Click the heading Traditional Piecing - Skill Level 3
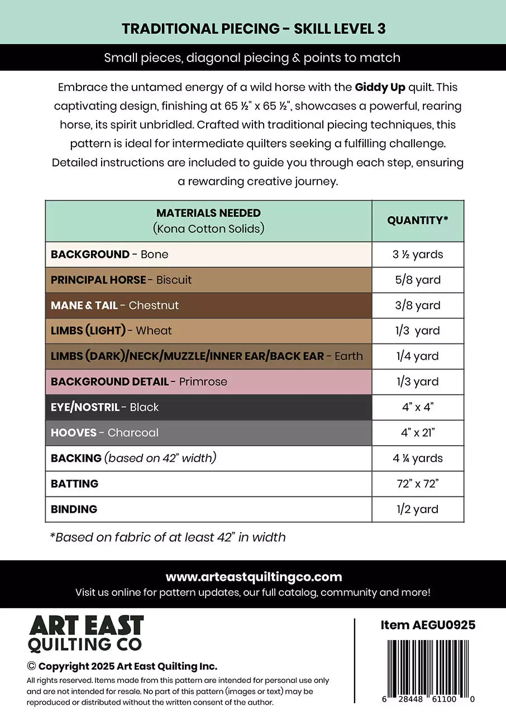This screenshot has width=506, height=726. pos(253,29)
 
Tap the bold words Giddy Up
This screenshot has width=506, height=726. pos(380,88)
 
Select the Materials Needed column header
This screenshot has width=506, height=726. pos(208,221)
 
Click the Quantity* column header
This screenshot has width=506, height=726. pos(417,221)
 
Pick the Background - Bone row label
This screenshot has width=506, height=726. pos(109,255)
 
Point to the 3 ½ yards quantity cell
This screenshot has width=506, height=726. pos(417,255)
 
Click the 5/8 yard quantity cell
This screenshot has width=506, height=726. pos(417,280)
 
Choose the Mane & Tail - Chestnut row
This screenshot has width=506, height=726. pos(114,305)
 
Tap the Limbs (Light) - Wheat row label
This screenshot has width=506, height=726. pos(111,331)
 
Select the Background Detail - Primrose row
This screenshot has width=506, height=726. pos(139,382)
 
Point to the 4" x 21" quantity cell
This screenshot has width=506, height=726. pos(417,433)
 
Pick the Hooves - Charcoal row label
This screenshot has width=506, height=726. pos(104,433)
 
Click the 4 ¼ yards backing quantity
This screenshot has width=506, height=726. pos(417,458)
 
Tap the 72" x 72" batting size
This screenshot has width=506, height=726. pos(417,484)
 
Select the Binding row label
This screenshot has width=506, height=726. pos(74,509)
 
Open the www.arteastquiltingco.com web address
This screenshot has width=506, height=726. pos(254,577)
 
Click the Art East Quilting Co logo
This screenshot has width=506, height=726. pos(86,634)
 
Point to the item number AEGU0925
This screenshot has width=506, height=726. pos(428,625)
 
